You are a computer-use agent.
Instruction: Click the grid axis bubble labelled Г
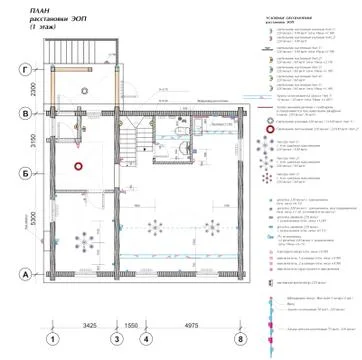click(x=24, y=71)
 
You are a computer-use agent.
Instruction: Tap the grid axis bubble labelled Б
click(x=24, y=172)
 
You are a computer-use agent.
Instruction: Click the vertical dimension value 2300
click(x=34, y=92)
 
